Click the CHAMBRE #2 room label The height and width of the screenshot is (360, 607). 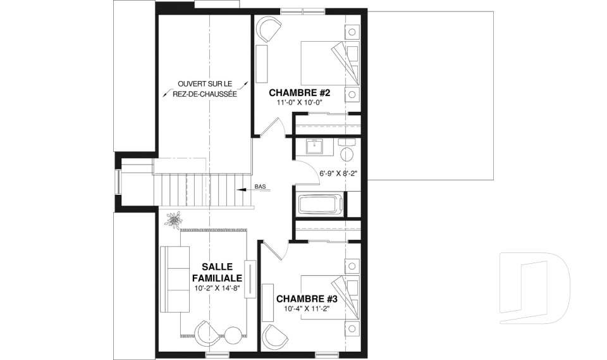tap(299, 93)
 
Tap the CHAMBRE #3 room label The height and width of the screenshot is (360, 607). tap(307, 299)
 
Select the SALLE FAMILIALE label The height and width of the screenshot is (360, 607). tap(217, 273)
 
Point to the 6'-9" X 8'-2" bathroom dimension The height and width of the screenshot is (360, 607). tap(338, 173)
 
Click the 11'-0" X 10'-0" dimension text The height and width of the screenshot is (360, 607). tap(300, 102)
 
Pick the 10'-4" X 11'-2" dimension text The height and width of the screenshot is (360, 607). tap(307, 309)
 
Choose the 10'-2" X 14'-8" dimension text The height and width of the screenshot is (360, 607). tap(218, 288)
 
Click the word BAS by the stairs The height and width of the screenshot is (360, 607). tap(260, 187)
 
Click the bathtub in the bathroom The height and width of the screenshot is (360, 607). tap(321, 204)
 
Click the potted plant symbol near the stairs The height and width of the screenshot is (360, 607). tap(174, 220)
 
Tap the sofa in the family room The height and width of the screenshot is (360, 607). tap(175, 278)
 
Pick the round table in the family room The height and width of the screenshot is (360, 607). tap(233, 335)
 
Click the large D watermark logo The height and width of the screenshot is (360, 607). tap(534, 288)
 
